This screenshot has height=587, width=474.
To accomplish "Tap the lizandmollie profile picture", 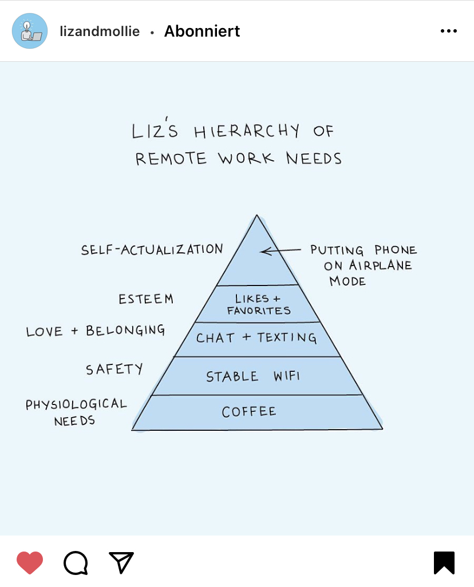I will click(30, 31).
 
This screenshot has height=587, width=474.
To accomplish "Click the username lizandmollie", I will click(100, 31).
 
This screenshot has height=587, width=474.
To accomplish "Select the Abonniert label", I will click(202, 31).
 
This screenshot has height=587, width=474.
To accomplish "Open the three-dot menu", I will click(448, 31).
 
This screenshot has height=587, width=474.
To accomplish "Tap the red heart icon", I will click(30, 562).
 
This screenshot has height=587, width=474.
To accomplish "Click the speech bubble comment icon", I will click(76, 562).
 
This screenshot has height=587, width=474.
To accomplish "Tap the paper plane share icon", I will click(121, 562).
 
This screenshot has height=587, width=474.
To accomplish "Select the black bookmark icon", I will click(444, 562).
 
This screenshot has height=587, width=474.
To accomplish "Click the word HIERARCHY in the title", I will click(246, 132).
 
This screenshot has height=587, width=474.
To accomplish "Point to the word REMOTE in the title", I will click(171, 158).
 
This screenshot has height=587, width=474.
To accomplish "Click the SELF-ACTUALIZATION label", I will click(152, 250).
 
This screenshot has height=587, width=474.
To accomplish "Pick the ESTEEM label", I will click(145, 299).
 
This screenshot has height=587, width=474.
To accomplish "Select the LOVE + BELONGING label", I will click(96, 331).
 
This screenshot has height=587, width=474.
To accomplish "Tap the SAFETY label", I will click(114, 369).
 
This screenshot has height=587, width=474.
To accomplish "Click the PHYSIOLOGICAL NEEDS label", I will click(76, 412).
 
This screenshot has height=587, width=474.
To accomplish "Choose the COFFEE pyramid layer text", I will click(249, 412).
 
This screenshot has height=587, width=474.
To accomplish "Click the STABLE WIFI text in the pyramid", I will click(252, 376).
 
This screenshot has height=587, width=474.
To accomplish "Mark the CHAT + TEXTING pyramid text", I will click(256, 338).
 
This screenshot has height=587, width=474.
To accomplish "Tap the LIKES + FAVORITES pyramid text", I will click(258, 305).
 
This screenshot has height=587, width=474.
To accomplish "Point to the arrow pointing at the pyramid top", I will click(280, 251).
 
